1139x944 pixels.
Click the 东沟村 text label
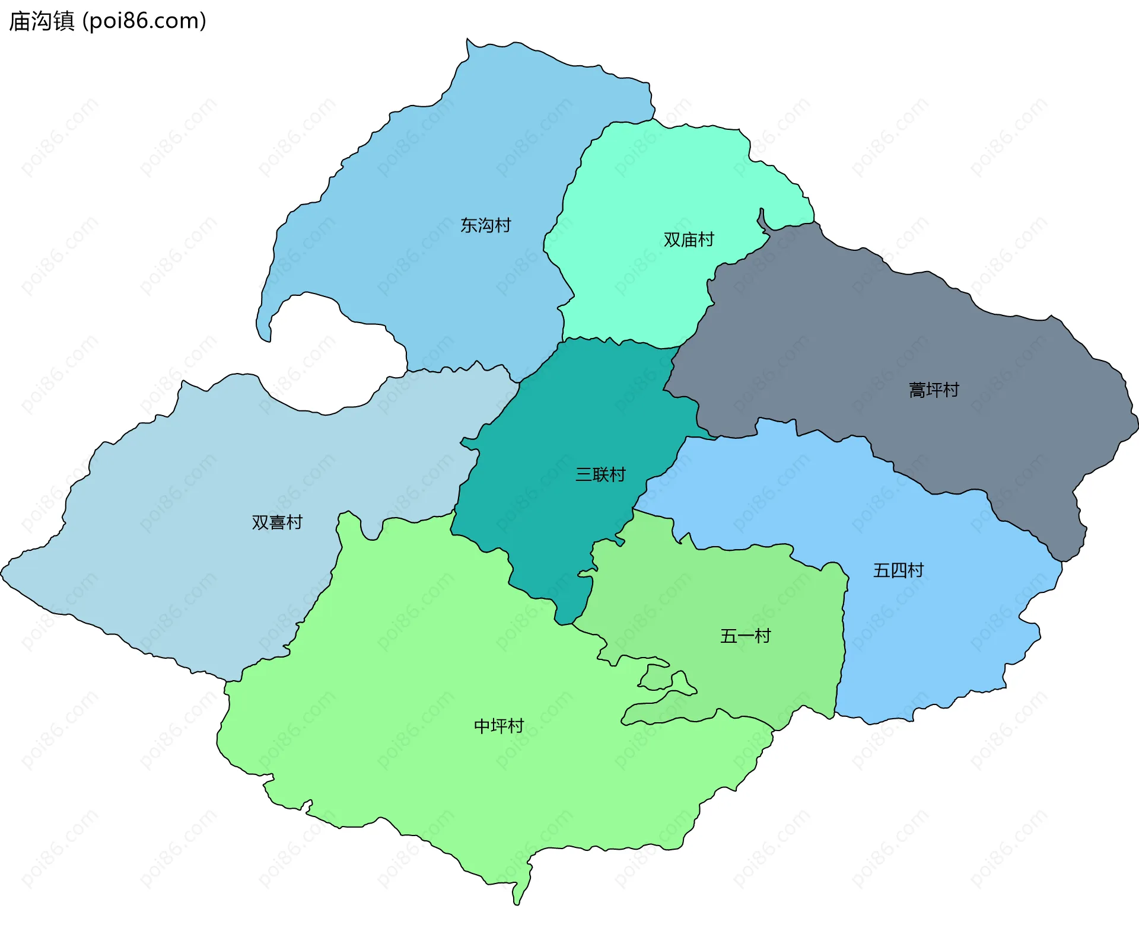pyautogui.click(x=485, y=225)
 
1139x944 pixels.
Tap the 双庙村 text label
pyautogui.click(x=688, y=240)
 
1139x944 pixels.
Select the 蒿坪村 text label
pyautogui.click(x=934, y=390)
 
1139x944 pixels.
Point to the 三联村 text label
pyautogui.click(x=600, y=474)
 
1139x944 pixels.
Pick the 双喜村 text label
pyautogui.click(x=277, y=522)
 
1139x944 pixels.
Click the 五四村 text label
pyautogui.click(x=898, y=570)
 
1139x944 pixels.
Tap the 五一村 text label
pyautogui.click(x=745, y=636)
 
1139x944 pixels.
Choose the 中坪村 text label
pyautogui.click(x=498, y=726)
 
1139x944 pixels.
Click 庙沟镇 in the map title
pyautogui.click(x=42, y=21)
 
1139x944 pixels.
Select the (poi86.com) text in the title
pyautogui.click(x=145, y=21)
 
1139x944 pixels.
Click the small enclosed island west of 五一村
pyautogui.click(x=655, y=677)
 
